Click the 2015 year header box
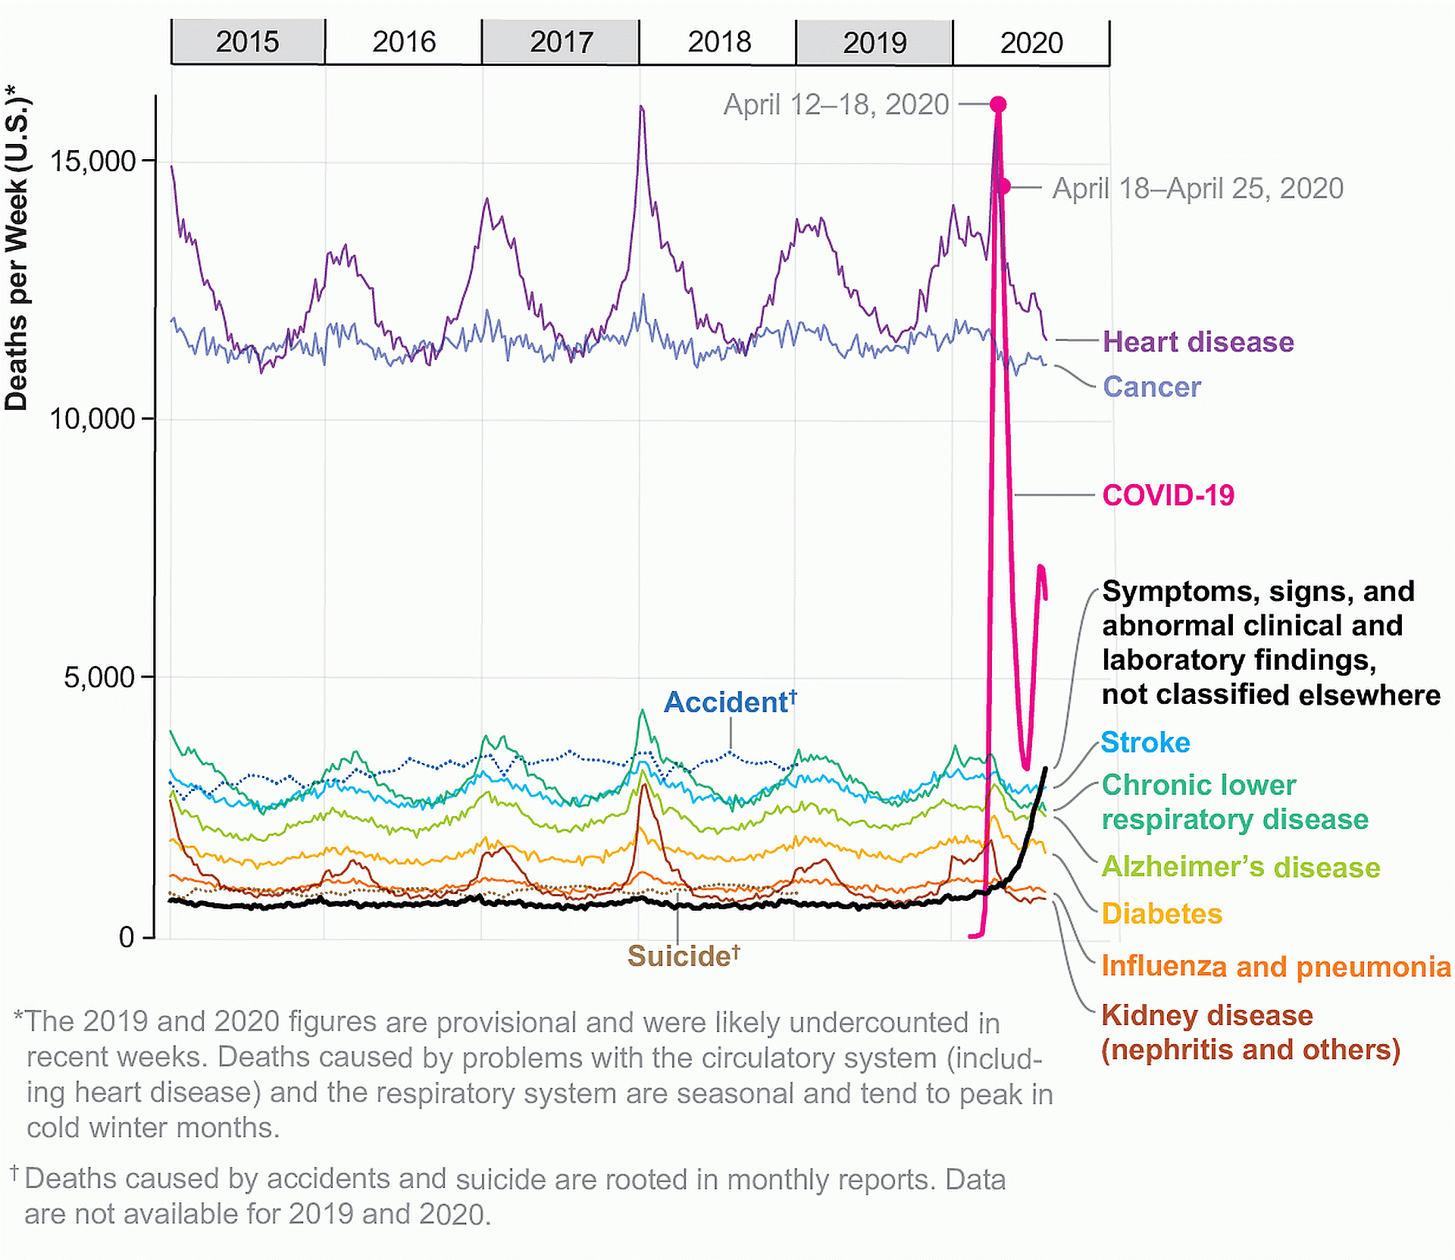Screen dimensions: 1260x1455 (x=248, y=42)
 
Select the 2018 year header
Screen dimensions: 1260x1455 (x=718, y=42)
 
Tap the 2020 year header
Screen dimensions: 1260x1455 (x=1031, y=42)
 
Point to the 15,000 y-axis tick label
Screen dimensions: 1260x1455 (x=92, y=161)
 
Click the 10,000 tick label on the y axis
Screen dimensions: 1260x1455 (x=92, y=418)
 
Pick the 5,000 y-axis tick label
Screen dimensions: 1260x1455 (x=99, y=677)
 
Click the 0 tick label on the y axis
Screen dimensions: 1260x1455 (x=127, y=937)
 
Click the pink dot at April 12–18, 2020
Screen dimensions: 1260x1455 (x=998, y=105)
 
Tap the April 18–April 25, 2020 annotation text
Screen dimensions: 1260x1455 (x=1197, y=188)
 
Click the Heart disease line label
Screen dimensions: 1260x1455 (x=1198, y=342)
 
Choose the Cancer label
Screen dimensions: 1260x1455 (x=1152, y=386)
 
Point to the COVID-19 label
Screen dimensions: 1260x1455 (x=1168, y=496)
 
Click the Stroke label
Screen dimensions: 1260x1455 (x=1145, y=743)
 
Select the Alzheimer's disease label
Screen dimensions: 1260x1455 (x=1241, y=867)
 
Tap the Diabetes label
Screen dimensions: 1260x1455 (x=1162, y=914)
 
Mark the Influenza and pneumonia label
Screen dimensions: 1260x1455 (x=1275, y=967)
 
